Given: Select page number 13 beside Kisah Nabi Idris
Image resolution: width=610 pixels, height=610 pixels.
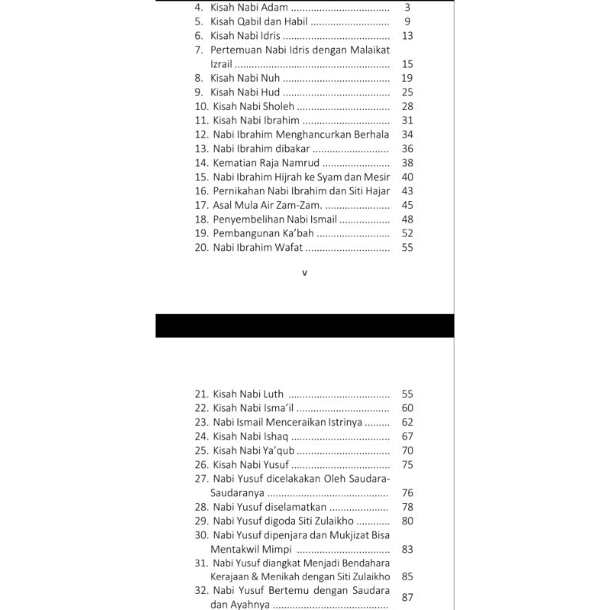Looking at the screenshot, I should coord(406,36).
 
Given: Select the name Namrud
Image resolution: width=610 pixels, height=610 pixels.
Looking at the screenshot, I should coord(300,162).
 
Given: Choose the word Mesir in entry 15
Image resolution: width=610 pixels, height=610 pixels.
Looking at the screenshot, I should coord(377,177).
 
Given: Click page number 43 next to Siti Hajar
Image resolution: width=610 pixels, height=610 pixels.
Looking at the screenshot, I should coord(406,191).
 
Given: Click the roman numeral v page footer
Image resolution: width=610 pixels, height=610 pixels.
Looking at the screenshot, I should coord(304,273).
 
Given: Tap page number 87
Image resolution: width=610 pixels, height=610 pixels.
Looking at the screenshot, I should coord(406,597).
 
